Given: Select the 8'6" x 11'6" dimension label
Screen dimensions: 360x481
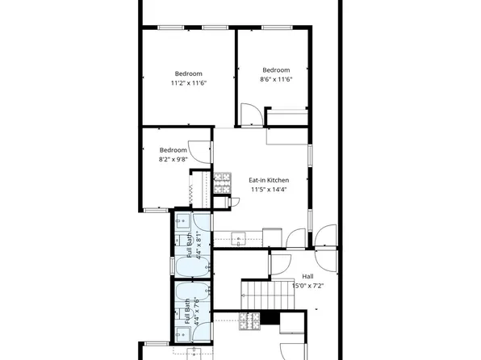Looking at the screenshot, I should (x=275, y=79).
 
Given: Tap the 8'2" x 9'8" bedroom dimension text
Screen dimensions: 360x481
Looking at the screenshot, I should (x=173, y=160).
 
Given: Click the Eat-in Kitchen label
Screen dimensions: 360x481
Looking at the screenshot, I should (x=269, y=179).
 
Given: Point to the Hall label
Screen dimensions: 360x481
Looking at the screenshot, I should (x=307, y=275).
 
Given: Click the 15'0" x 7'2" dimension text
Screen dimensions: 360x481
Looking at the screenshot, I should (x=307, y=285).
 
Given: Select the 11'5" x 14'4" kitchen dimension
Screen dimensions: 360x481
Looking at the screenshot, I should (x=269, y=190).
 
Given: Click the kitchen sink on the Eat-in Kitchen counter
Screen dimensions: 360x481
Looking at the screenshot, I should (x=239, y=238).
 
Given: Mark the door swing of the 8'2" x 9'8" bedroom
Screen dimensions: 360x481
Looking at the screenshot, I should (x=202, y=154).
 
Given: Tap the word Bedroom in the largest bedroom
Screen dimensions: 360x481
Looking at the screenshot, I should (x=188, y=73).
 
